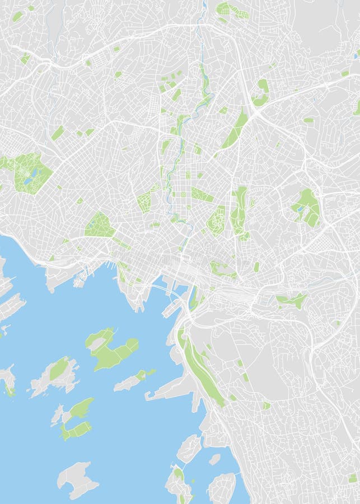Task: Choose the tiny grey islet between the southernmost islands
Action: pyautogui.click(x=214, y=459)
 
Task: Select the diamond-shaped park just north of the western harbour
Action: pyautogui.click(x=99, y=225)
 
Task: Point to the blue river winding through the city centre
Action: pyautogui.click(x=178, y=168)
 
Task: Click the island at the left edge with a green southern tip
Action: pyautogui.click(x=8, y=381)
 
